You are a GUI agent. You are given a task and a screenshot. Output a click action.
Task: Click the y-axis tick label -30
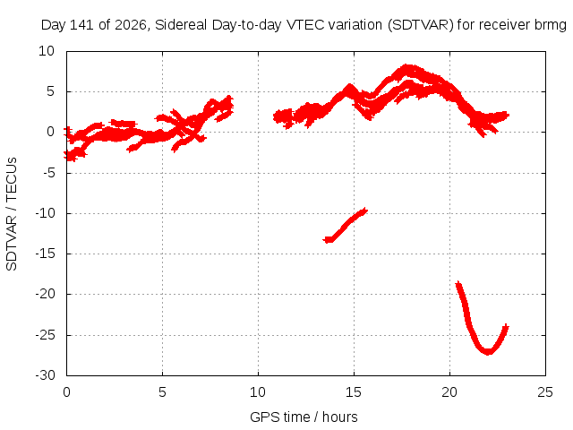coord(45,375)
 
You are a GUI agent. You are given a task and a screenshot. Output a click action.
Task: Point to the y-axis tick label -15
coord(45,254)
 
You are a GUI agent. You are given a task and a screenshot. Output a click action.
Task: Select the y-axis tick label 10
coord(47,51)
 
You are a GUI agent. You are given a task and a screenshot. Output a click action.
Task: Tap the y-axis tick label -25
coord(45,335)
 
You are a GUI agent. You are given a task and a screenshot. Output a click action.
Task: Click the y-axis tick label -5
coord(49,173)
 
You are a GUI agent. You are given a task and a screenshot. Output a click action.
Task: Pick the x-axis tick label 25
coord(545,392)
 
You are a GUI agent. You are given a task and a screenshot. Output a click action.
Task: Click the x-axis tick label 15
coord(354,392)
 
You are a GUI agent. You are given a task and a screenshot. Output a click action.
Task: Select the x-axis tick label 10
coord(258,392)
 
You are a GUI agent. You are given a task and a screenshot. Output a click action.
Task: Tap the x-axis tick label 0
coord(66,392)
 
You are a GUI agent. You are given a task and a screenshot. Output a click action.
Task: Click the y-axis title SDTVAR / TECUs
coord(12,214)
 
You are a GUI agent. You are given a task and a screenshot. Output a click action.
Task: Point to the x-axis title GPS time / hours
coord(304,417)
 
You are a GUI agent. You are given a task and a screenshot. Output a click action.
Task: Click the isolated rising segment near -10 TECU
coord(345,225)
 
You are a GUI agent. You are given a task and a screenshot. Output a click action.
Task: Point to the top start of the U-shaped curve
coord(458,283)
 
